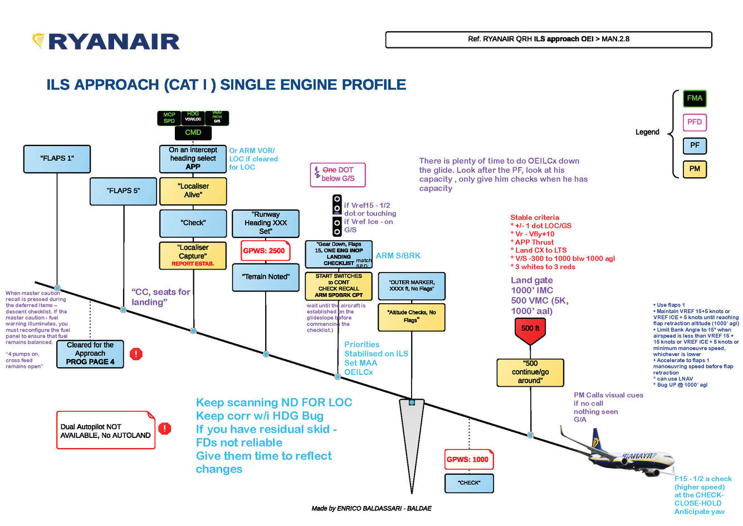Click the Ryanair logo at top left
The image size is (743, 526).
pos(106,41)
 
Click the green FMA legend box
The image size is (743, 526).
pos(695,99)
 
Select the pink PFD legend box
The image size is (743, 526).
pos(695,122)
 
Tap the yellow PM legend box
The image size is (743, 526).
pos(695,169)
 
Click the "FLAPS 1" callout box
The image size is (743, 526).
pos(57,158)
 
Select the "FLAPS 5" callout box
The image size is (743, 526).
pos(123,191)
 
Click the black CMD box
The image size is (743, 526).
pos(193,133)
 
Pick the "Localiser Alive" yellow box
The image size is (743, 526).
pos(193,191)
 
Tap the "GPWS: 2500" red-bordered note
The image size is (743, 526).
pos(264,251)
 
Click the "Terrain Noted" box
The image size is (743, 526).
pos(266,277)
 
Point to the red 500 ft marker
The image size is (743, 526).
pos(530,329)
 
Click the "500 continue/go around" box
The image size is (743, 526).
pos(530,372)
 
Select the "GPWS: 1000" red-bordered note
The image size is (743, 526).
pos(468,460)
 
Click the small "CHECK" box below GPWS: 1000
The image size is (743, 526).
pos(468,483)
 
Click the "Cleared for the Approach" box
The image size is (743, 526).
pos(90,354)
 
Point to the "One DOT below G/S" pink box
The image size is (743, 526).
pos(338,174)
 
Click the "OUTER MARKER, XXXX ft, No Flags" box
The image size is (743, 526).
pos(411,286)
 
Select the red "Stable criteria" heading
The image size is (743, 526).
pos(534,217)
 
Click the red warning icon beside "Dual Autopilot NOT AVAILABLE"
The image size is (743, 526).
pos(164,428)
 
